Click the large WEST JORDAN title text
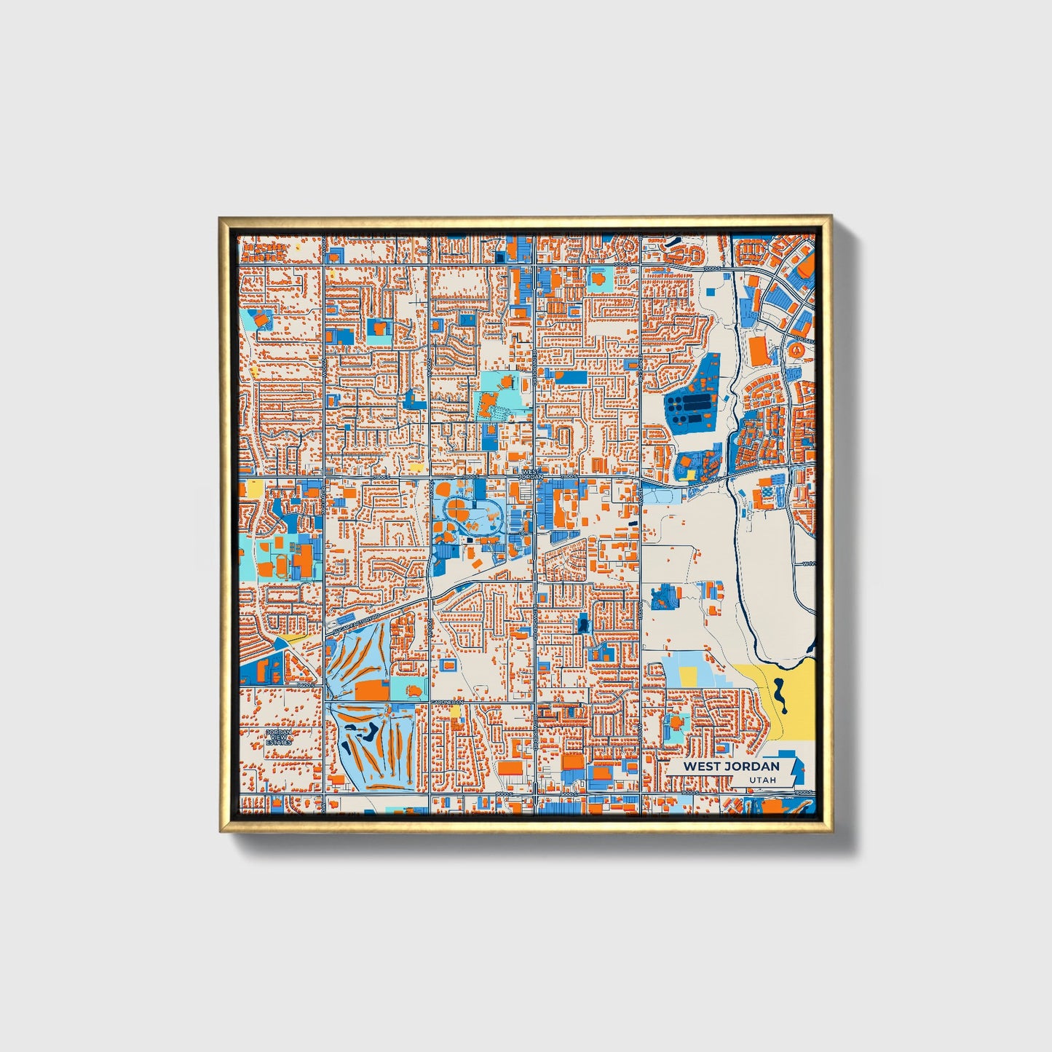pos(730,766)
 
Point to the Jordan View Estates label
pos(279,737)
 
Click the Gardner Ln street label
pos(446,702)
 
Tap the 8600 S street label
pos(505,794)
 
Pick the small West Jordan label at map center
pos(531,474)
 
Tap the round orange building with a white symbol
pos(799,350)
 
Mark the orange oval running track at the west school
pos(280,565)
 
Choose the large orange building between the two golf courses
pos(372,690)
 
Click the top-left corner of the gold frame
pos(221,218)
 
